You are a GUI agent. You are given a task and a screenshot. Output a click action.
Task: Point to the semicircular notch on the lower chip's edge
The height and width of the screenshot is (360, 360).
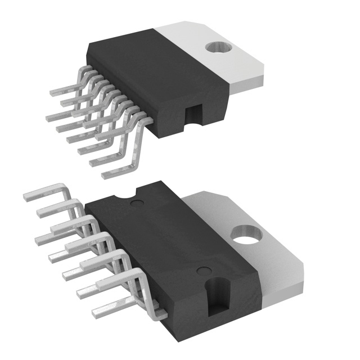pyautogui.click(x=123, y=196)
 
